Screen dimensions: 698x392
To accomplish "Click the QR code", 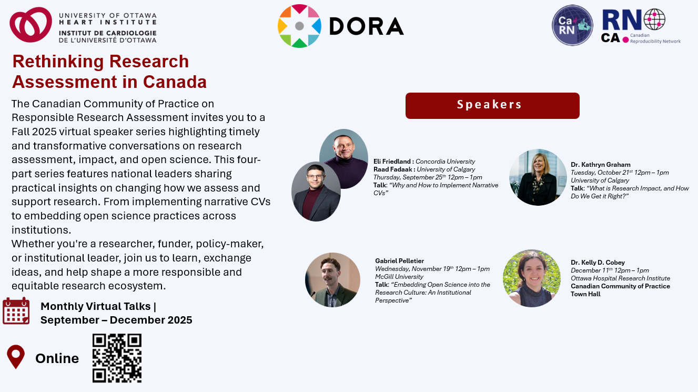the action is click(117, 358).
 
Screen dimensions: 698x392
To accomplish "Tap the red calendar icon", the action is click(16, 311).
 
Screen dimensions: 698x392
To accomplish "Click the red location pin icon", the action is click(16, 357).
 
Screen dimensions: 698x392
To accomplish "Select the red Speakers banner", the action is click(492, 105).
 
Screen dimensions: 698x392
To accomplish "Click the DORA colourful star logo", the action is click(299, 26).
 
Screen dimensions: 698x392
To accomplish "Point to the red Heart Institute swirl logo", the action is click(31, 25).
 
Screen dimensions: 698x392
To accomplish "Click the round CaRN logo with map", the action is click(572, 25).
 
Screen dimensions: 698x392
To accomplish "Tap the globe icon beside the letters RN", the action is click(654, 19).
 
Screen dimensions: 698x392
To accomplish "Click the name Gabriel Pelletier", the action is click(399, 261).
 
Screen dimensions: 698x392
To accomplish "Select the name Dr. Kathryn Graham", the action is click(601, 165).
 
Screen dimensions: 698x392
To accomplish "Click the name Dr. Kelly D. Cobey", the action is click(598, 263).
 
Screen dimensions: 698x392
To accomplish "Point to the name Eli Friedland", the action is click(392, 162).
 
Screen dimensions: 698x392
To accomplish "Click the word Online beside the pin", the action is click(57, 358).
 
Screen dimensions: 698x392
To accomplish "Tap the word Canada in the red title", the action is click(175, 82).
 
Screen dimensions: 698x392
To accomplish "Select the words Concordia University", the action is click(446, 162).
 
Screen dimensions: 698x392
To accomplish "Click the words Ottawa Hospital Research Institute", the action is click(620, 278).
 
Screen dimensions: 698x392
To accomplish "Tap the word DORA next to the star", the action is click(367, 26).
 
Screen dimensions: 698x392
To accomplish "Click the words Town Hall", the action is click(585, 294).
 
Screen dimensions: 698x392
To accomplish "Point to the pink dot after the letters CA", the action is click(625, 39).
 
